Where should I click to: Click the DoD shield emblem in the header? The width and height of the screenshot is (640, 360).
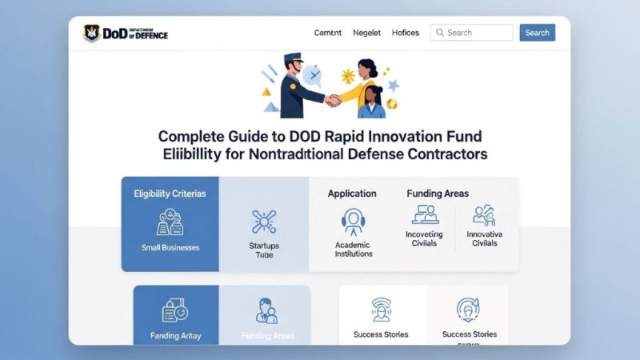(92, 33)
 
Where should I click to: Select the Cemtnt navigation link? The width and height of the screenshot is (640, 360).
(328, 33)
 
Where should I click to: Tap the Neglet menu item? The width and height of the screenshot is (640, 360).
(367, 33)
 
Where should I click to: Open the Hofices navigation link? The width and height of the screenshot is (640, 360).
(406, 33)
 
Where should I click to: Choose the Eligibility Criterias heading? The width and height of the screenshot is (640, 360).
(170, 194)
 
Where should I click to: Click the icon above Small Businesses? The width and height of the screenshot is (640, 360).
(170, 222)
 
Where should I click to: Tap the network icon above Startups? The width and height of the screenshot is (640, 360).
(264, 222)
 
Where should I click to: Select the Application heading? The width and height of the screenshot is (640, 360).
(352, 194)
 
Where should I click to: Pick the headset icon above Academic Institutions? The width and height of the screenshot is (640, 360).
(354, 221)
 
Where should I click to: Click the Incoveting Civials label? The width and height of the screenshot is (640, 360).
(424, 238)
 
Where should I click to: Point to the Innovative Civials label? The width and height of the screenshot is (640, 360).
(483, 238)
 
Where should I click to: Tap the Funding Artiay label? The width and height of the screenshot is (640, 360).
(175, 335)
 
